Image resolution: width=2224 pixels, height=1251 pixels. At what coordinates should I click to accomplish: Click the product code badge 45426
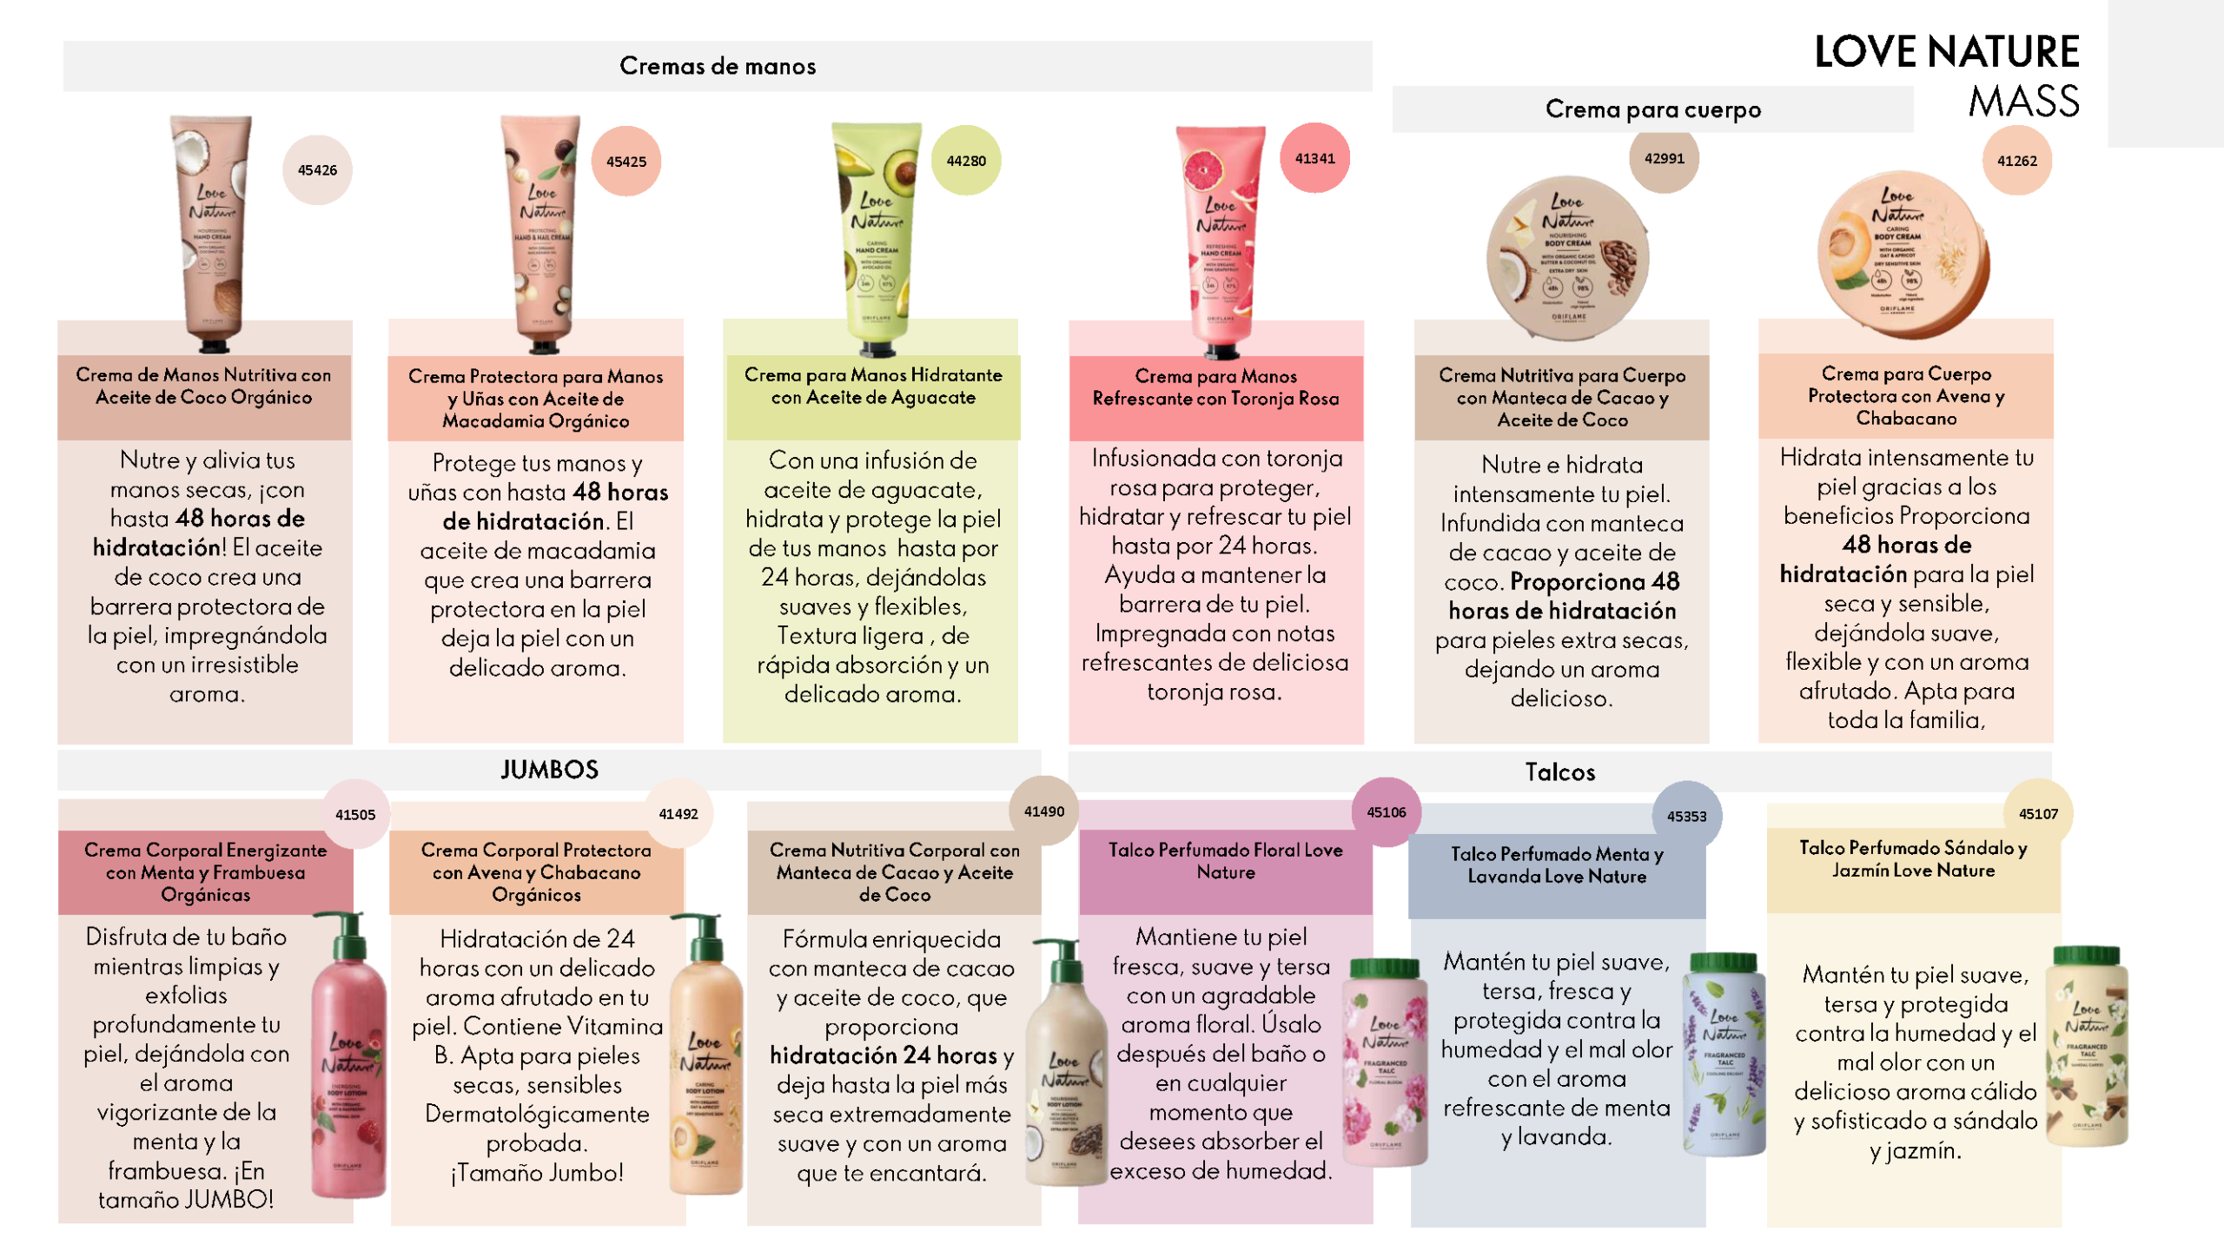point(317,170)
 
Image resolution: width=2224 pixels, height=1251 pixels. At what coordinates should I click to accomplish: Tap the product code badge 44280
point(966,161)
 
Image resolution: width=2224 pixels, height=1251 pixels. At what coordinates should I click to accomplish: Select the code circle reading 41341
point(1314,158)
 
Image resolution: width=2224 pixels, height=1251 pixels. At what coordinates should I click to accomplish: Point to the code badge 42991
point(1664,158)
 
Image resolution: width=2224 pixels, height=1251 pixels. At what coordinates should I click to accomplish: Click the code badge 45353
point(1686,816)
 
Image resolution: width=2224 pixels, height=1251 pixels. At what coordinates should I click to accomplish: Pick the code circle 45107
point(2038,814)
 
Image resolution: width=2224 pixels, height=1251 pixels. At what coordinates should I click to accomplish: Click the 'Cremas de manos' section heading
point(718,66)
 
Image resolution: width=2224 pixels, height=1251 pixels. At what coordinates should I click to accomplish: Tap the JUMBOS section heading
point(549,770)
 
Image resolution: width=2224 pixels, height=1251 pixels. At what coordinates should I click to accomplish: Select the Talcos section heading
point(1560,772)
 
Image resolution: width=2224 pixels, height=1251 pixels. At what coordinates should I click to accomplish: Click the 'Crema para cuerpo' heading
point(1652,109)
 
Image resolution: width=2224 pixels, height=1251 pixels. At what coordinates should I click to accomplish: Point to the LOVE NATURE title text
point(1946,52)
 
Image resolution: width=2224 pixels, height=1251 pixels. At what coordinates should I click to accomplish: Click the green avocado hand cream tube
point(877,235)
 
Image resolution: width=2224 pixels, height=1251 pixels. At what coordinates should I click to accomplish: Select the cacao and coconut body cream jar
point(1567,257)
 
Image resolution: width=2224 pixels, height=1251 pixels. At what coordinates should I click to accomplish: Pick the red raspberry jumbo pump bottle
point(349,1060)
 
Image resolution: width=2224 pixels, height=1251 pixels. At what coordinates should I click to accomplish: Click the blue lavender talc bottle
point(1724,1056)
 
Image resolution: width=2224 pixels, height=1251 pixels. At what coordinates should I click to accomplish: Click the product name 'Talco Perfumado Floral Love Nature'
point(1225,861)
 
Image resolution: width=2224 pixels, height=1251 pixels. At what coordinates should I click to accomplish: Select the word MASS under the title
point(2023,102)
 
